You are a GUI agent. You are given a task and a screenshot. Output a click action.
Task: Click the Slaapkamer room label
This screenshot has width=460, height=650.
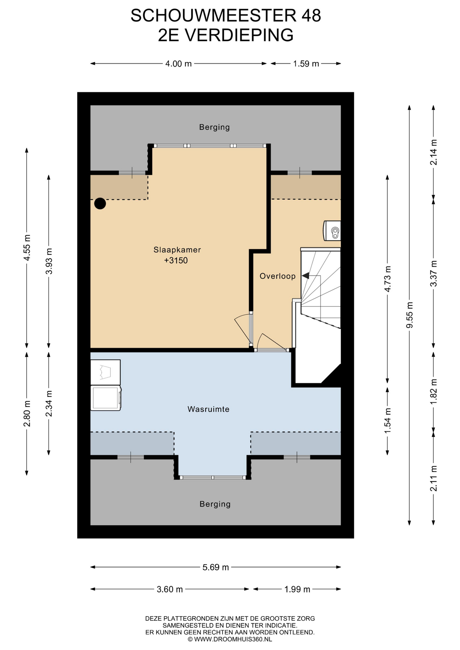pos(177,250)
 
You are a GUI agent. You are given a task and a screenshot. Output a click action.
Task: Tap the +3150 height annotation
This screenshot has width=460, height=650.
pos(176,260)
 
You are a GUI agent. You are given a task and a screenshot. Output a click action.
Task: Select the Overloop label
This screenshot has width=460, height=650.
pos(277,276)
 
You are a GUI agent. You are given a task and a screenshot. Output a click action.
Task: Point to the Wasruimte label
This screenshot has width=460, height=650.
pos(208,409)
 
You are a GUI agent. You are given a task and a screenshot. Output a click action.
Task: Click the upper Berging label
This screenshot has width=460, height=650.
pos(214,127)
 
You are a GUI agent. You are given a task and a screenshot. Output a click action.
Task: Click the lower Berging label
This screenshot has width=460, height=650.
pos(215,504)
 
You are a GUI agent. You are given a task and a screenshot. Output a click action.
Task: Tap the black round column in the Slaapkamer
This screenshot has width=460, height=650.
pos(100,203)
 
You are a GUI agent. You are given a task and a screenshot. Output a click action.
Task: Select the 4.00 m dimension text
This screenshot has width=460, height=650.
pos(179,64)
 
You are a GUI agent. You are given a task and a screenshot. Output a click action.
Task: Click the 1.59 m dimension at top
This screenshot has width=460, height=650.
pos(306,64)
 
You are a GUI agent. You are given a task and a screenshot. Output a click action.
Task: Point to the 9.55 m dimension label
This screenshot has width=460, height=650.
pos(410,315)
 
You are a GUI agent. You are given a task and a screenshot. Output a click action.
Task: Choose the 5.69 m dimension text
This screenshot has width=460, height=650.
pos(216,567)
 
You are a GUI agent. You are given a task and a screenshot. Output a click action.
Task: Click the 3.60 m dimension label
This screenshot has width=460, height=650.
pos(170,589)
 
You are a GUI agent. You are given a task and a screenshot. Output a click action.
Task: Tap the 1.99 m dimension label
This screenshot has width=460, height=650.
pos(297,589)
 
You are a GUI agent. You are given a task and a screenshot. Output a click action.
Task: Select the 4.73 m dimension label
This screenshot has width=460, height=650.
pos(388,279)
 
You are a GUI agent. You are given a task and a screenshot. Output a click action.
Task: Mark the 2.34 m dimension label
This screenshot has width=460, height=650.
pos(49,404)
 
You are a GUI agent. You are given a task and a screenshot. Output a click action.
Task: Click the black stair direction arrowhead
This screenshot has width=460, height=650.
pos(305,276)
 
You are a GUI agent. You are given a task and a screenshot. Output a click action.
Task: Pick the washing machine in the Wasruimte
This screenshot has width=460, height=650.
pos(106,398)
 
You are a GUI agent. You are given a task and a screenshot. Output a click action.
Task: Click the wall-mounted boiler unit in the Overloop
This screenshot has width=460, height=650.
pos(332,231)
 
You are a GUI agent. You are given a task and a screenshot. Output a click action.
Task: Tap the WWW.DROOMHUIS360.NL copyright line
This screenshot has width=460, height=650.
pos(230,640)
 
